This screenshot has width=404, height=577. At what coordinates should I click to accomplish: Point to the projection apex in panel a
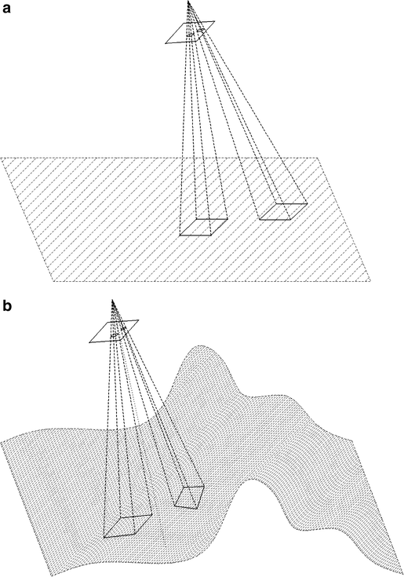point(188,3)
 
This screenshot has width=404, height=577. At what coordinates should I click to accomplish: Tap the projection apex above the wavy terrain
point(115,298)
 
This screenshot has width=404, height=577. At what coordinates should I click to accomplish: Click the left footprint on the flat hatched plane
point(203,227)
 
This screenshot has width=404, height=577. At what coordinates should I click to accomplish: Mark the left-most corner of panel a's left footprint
point(180,235)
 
